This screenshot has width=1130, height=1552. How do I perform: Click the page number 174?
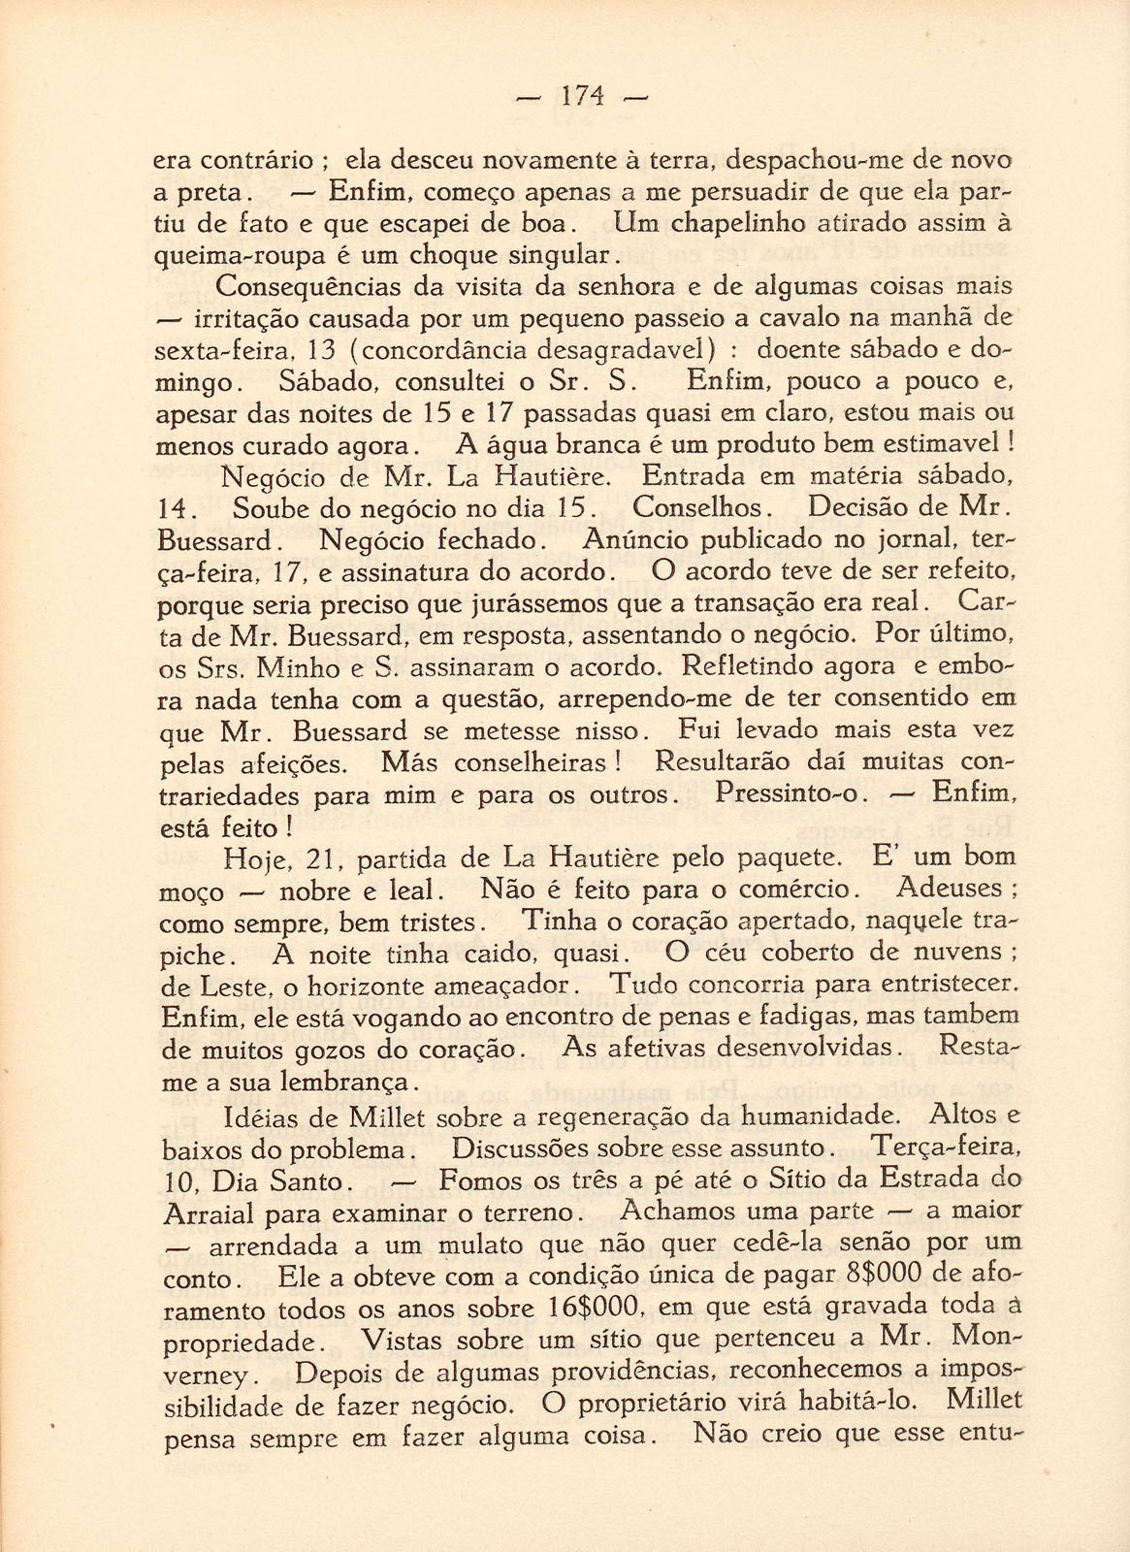coord(582,95)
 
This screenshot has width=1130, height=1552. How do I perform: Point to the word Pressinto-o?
coord(787,793)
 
